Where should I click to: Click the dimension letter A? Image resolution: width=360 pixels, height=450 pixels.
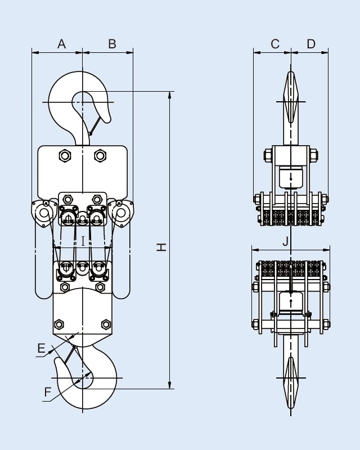click(x=62, y=44)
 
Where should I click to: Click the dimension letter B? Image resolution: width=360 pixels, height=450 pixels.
click(x=112, y=44)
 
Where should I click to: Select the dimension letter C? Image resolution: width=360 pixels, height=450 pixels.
click(x=275, y=44)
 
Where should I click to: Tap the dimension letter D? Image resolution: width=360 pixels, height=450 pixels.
click(x=311, y=44)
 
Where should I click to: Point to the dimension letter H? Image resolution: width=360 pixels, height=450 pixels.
click(x=161, y=247)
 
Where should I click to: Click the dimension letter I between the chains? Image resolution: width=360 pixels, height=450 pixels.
click(x=83, y=241)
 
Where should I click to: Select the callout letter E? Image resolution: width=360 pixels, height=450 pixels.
click(x=41, y=349)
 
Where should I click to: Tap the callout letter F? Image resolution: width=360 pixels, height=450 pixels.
click(x=48, y=392)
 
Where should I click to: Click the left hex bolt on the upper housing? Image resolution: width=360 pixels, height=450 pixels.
click(x=65, y=155)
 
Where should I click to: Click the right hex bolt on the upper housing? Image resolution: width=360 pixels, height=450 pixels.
click(x=100, y=155)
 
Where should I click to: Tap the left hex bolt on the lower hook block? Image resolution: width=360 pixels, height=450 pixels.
click(x=58, y=325)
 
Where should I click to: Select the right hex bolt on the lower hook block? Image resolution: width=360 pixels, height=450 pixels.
click(x=105, y=325)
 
